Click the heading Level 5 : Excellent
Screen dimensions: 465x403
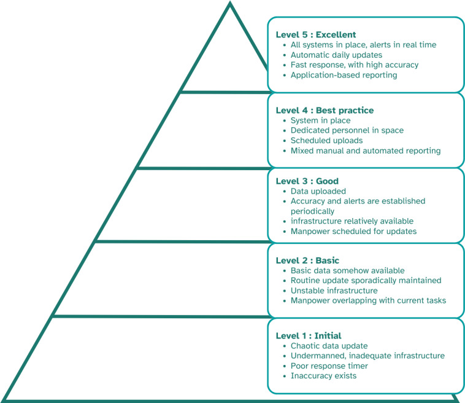click(316, 35)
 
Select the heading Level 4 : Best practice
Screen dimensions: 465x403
click(325, 111)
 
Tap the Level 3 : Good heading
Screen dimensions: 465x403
click(307, 181)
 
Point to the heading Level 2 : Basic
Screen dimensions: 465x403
click(307, 260)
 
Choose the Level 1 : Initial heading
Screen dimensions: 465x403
click(309, 336)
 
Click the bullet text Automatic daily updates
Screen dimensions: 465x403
click(336, 55)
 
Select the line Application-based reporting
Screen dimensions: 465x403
click(344, 75)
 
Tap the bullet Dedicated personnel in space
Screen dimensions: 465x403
click(347, 130)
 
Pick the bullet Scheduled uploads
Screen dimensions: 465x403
click(326, 141)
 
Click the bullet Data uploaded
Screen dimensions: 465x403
click(318, 191)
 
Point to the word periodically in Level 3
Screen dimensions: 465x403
click(312, 211)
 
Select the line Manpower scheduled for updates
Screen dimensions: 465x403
click(353, 232)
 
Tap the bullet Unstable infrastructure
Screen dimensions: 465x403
click(334, 291)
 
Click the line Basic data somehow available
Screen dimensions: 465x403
click(348, 270)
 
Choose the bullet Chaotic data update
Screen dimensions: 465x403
click(329, 346)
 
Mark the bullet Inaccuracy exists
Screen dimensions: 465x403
click(323, 376)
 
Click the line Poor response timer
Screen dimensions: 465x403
click(329, 366)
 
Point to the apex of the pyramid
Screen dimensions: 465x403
click(230, 3)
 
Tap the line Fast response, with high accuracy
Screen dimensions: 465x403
click(355, 65)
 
